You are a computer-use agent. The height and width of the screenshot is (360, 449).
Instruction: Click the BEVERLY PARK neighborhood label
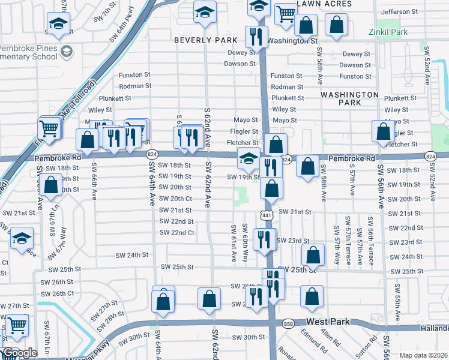[202, 40]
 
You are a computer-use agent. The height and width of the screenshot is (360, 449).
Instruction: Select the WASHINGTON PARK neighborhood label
[349, 99]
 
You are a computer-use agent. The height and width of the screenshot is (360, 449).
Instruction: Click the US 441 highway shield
[266, 215]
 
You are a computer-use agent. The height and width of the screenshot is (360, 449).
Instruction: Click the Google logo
[20, 353]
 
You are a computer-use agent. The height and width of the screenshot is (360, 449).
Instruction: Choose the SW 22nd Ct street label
[176, 233]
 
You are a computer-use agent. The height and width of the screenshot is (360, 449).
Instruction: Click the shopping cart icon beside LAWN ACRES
[286, 14]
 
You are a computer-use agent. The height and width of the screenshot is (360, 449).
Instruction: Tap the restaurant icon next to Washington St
[256, 37]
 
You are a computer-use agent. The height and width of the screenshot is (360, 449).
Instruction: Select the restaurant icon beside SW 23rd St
[265, 239]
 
